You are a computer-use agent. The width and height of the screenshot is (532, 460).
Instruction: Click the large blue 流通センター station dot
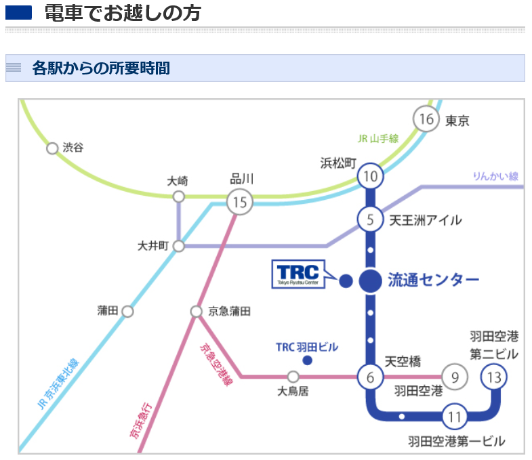(371, 281)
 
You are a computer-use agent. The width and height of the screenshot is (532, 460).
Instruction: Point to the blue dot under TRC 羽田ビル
(308, 360)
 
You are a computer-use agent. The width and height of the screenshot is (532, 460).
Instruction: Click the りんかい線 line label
(495, 176)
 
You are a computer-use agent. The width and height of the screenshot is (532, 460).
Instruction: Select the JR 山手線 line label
(378, 138)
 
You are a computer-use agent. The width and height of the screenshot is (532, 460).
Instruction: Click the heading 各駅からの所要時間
(101, 68)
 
